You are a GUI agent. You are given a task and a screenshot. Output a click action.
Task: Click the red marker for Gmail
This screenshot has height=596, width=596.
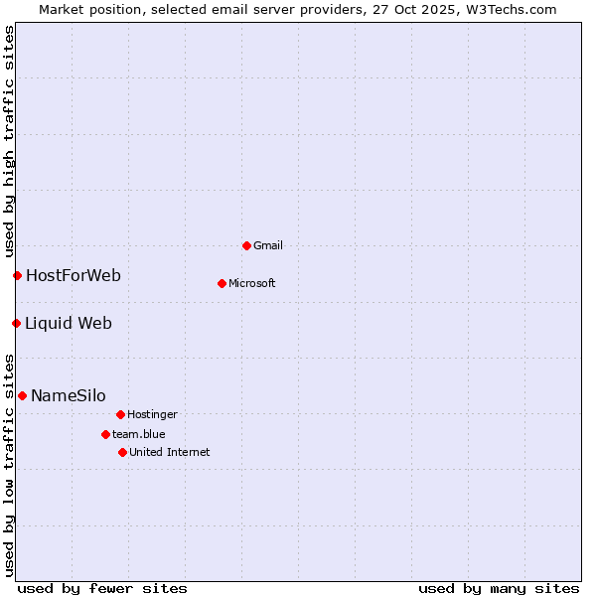tap(246, 245)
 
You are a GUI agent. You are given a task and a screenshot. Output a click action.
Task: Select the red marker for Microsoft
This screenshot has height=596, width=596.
tap(222, 283)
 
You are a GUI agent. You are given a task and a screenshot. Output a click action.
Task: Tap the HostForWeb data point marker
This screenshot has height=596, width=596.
tap(17, 275)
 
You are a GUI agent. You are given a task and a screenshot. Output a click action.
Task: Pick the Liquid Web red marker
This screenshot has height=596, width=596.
tap(16, 323)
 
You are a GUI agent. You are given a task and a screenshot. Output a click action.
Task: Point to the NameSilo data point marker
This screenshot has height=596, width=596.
tap(22, 395)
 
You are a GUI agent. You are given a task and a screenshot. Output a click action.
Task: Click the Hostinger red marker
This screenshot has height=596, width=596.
tap(120, 414)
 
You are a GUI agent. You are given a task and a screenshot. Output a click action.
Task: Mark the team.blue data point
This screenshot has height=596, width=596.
tap(105, 434)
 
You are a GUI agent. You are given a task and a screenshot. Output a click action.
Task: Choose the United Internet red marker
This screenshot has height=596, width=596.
tap(122, 452)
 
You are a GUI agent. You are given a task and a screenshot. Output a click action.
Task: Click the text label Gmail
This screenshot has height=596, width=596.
tap(268, 245)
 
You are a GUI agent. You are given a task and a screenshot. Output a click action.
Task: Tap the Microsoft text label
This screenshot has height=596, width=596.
tap(252, 283)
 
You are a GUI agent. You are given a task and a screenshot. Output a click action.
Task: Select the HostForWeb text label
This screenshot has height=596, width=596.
tap(74, 275)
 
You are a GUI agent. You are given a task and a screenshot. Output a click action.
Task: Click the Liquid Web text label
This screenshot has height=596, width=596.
tap(69, 323)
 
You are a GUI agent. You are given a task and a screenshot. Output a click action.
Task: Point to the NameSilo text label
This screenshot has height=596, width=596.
tap(69, 395)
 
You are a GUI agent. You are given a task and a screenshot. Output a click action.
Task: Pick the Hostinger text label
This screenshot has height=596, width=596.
tap(152, 414)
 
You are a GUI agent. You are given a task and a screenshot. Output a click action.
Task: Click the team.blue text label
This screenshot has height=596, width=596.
tap(139, 434)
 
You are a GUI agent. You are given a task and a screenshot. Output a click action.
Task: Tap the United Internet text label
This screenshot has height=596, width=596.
tap(170, 452)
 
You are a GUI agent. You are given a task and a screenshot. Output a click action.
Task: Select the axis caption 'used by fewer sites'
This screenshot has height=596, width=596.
tap(102, 588)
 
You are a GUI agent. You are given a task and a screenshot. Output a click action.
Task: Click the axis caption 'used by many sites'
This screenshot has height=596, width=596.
tap(499, 588)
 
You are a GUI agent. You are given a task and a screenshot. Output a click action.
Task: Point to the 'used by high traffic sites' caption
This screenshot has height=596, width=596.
tap(9, 142)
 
